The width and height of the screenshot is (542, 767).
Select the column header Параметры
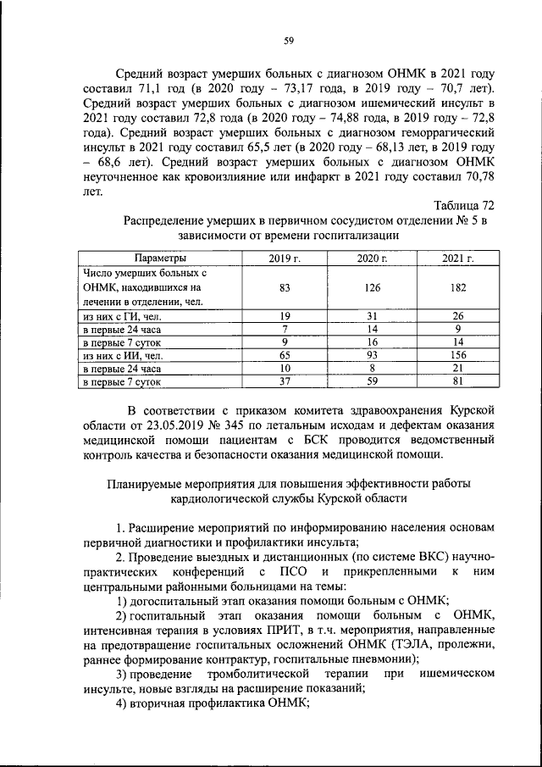pyautogui.click(x=159, y=258)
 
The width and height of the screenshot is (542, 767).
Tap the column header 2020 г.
pyautogui.click(x=372, y=258)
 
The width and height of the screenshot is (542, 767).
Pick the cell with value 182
pyautogui.click(x=458, y=288)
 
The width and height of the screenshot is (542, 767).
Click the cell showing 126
pyautogui.click(x=372, y=288)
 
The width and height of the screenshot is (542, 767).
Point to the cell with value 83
pyautogui.click(x=285, y=288)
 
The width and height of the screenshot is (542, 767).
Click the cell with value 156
pyautogui.click(x=458, y=356)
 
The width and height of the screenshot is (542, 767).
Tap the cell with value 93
pyautogui.click(x=372, y=356)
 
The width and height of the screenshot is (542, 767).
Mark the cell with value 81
pyautogui.click(x=458, y=382)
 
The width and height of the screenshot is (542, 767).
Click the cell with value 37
pyautogui.click(x=285, y=382)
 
